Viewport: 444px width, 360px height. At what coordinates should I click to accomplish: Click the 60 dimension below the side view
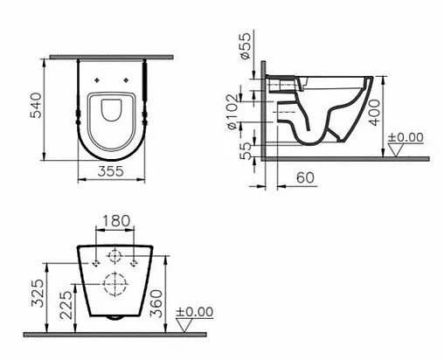coord(304,177)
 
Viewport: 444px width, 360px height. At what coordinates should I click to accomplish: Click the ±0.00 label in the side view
coord(406,138)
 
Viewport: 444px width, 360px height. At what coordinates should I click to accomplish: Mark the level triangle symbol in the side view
coord(395,150)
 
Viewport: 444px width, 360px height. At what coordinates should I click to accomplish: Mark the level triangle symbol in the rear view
coord(184,324)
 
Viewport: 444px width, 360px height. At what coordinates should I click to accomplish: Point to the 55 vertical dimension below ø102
coord(246,149)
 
